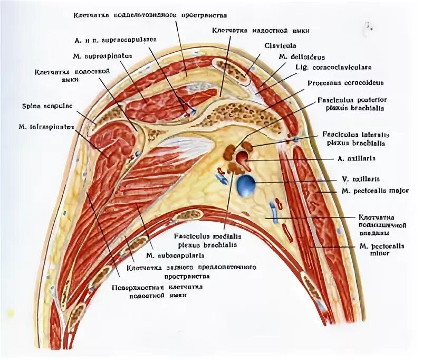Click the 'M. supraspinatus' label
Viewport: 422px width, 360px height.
click(103, 54)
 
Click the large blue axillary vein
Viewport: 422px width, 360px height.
click(246, 186)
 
